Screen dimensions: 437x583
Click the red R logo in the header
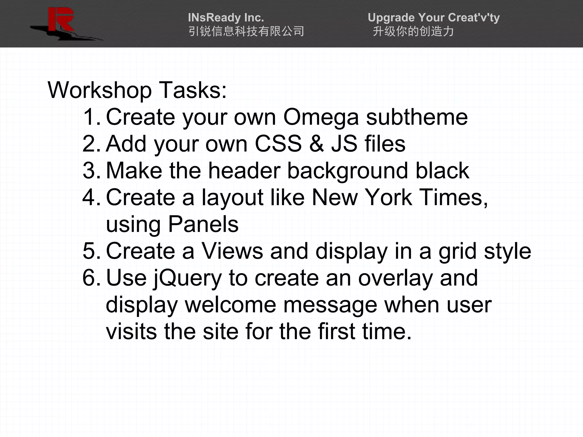[x=61, y=20]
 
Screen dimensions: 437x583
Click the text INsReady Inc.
[x=226, y=18]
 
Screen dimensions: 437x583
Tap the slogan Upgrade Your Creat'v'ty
[x=434, y=18]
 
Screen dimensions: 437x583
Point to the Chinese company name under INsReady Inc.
[x=246, y=31]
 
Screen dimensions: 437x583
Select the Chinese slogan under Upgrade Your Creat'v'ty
[x=413, y=31]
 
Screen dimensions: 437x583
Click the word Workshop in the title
[x=100, y=90]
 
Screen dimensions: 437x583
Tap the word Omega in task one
[x=321, y=117]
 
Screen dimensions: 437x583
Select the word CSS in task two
[x=278, y=144]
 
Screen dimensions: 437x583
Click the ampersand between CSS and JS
[x=317, y=144]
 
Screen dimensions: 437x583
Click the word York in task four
[x=389, y=197]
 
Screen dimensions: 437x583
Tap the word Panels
[x=203, y=224]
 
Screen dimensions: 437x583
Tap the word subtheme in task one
[x=417, y=117]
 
